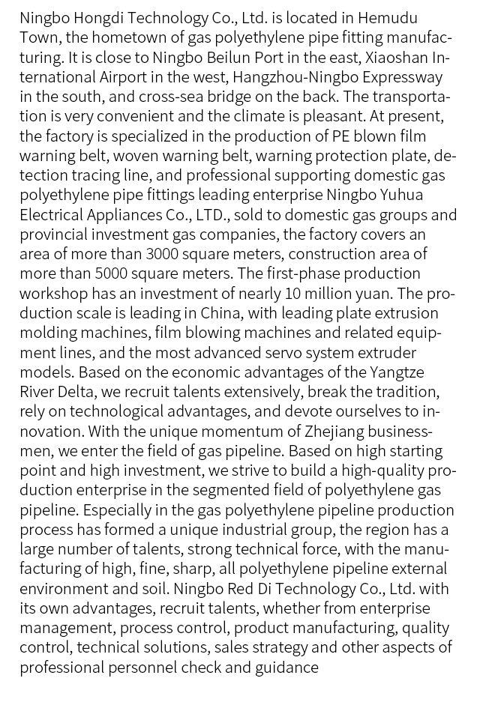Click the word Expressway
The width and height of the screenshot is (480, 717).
pyautogui.click(x=405, y=76)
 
